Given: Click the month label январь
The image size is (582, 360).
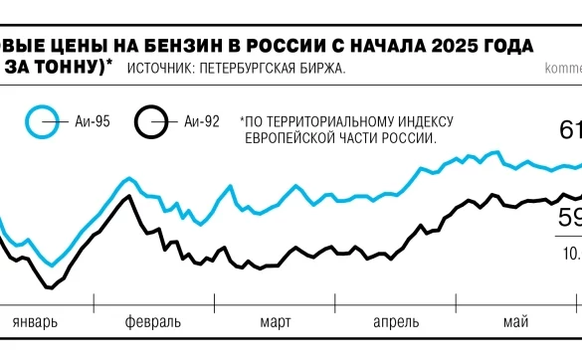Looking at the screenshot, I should [x=37, y=322].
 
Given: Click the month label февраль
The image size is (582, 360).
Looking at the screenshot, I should [x=153, y=322].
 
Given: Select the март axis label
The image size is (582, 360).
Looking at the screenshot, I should [x=276, y=322].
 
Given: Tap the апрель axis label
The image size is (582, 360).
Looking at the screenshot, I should [x=396, y=322].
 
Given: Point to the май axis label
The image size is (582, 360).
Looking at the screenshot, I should [x=515, y=322].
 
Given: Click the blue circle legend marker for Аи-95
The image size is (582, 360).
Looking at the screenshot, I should [x=43, y=122].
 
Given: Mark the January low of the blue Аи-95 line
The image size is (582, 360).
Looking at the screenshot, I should [x=52, y=265].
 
